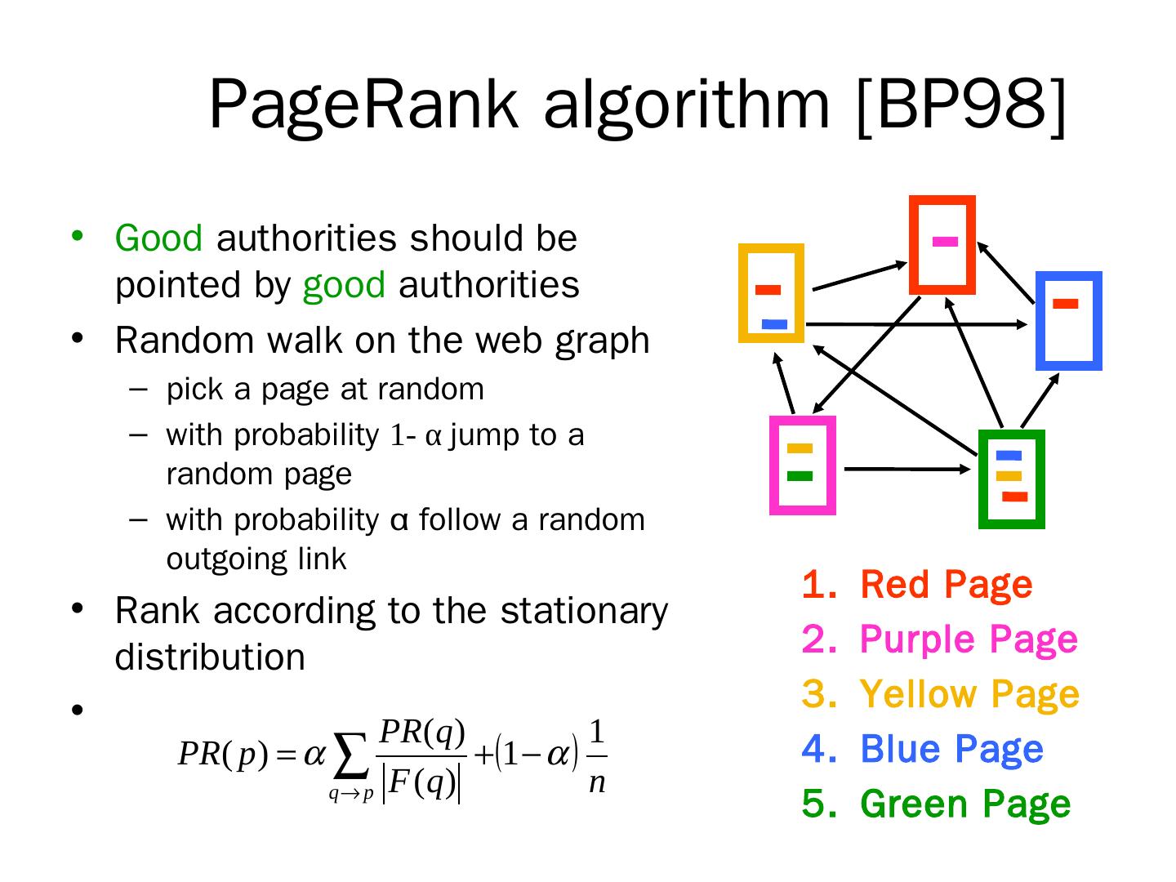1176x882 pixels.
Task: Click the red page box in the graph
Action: tap(942, 244)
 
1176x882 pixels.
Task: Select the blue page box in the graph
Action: tap(1068, 321)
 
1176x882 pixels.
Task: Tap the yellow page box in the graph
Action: tap(771, 292)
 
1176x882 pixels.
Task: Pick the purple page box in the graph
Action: tap(802, 465)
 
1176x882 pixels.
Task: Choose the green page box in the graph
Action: tap(1011, 479)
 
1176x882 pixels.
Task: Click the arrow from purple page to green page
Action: tap(905, 469)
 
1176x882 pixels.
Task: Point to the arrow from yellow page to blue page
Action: tap(915, 325)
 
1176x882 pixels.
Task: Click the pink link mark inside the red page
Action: tap(945, 241)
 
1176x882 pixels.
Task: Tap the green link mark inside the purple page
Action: tap(800, 476)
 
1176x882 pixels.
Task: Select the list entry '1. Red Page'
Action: tap(917, 585)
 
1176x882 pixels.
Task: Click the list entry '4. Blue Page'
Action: tap(923, 749)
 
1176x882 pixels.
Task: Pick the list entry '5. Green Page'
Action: tap(936, 804)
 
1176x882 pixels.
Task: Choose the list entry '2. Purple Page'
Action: tap(939, 639)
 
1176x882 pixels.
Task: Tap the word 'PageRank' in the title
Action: tap(363, 106)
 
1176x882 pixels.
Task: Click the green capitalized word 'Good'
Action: tap(158, 238)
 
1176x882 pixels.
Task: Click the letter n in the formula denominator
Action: tap(597, 783)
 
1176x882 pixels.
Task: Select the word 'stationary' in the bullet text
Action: tap(583, 611)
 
